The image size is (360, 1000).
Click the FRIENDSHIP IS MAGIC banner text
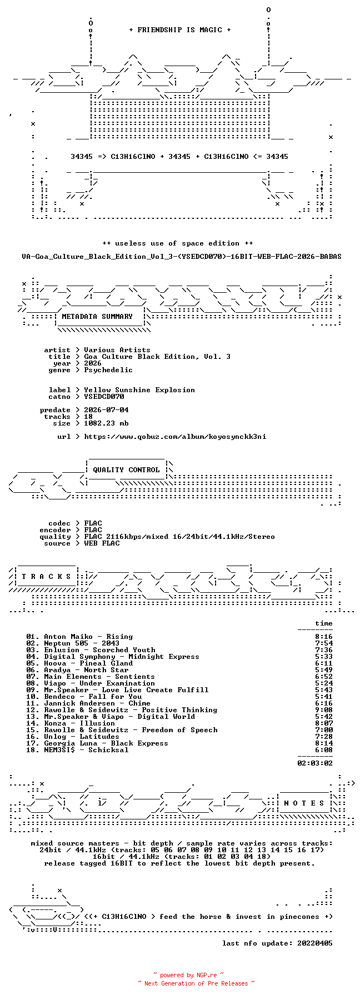point(180,30)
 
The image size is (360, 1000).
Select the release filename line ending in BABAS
point(182,257)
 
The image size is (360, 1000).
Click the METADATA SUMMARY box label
point(97,317)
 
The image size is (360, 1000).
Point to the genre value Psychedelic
point(108,370)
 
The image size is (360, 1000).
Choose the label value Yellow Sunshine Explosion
point(139,390)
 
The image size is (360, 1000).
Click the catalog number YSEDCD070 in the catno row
point(104,397)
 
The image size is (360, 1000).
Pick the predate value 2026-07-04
point(106,410)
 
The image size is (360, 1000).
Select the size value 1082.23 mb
point(106,423)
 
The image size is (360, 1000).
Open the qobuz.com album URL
point(175,437)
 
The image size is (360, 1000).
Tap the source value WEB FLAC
point(102,543)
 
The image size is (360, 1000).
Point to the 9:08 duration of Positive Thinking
point(324,710)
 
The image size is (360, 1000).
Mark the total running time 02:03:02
point(315,763)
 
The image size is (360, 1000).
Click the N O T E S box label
point(304,803)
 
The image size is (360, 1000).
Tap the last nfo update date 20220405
point(315,943)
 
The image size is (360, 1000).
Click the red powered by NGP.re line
point(189,975)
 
